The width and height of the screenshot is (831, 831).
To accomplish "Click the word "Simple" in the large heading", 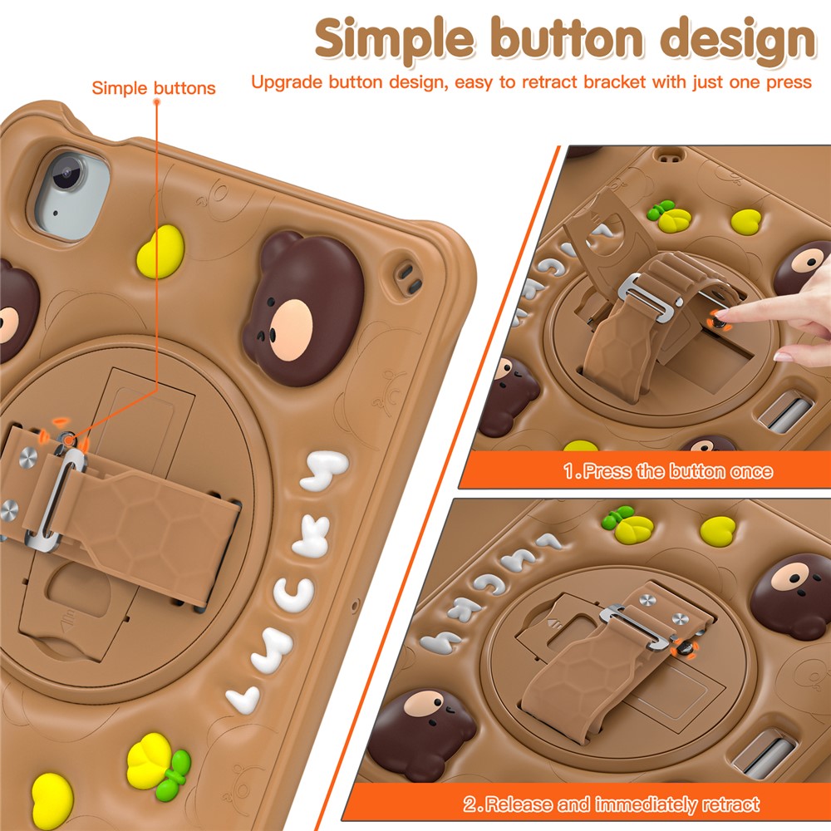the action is pos(394,39).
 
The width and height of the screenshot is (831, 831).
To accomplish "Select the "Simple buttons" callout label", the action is pos(154,88).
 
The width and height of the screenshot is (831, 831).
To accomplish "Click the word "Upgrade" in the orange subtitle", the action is pos(286,83).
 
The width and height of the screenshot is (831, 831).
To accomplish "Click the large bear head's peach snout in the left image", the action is pos(291,330).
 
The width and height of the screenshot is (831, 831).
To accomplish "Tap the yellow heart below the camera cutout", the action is pos(160,252).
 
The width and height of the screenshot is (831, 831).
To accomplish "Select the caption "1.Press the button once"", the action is pos(668,471).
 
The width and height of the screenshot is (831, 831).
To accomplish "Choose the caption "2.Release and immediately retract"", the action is pos(612,804).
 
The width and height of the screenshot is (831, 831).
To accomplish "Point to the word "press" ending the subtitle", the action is pos(788,83).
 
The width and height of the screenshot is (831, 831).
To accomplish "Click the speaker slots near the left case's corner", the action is pos(409,279).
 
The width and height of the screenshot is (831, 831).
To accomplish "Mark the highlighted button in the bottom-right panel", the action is pos(684,647).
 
